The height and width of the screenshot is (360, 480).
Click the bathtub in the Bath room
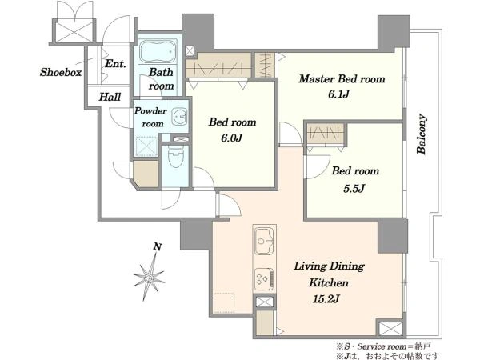coord(158,51)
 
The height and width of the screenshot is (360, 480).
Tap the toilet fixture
coord(175,157)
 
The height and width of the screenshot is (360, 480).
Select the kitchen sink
coord(264,241)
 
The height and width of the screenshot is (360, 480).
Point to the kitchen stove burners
coord(264,278)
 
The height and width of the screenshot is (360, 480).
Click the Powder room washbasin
coord(179,116)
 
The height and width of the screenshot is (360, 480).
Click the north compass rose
coord(150,278)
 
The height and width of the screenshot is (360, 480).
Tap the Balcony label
coord(422,134)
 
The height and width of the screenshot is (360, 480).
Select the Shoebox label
coord(61,72)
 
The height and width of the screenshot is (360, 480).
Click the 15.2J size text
coord(326,298)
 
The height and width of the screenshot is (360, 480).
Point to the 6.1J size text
coord(338,94)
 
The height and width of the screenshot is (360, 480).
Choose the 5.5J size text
coord(354,188)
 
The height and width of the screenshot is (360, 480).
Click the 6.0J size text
coord(231,138)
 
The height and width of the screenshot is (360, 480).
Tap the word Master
coord(316,78)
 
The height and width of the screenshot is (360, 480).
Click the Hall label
coord(110,97)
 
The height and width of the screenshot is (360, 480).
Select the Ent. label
coord(115,64)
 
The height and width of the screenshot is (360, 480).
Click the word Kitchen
coord(329,282)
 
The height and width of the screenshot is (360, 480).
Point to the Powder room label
coord(151,117)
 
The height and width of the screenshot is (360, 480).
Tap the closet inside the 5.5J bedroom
coord(325,133)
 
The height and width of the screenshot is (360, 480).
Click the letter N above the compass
coord(158,246)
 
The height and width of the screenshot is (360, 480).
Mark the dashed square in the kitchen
coord(224,302)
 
